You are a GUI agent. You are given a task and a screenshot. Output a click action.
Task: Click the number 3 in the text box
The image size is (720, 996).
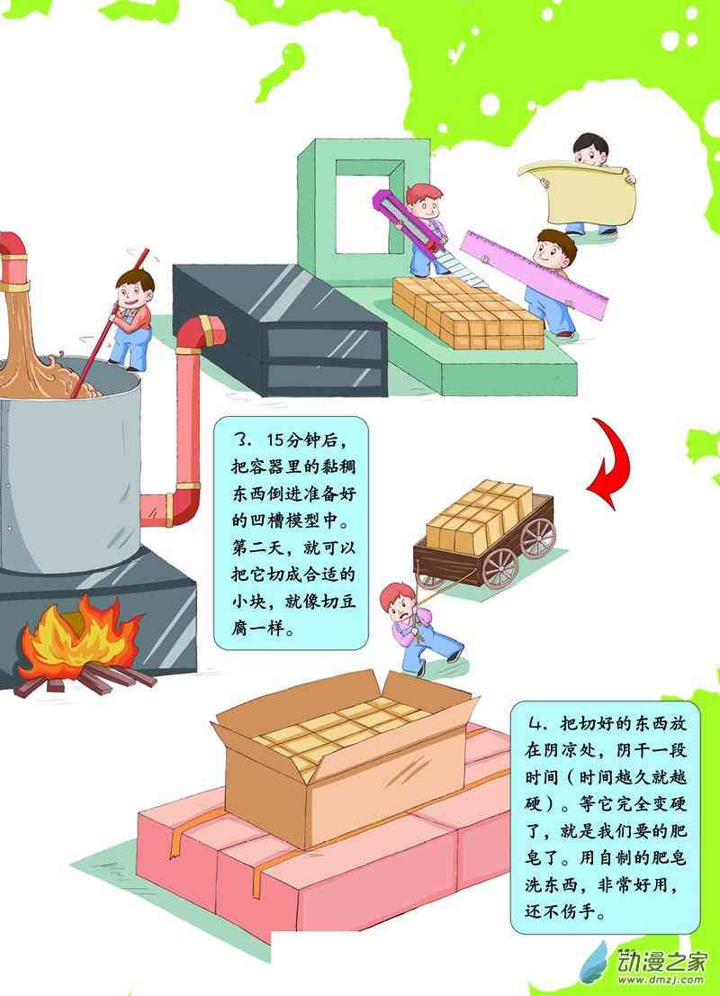coord(241,441)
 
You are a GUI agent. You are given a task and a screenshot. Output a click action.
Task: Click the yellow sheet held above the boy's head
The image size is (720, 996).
coord(580,188)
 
